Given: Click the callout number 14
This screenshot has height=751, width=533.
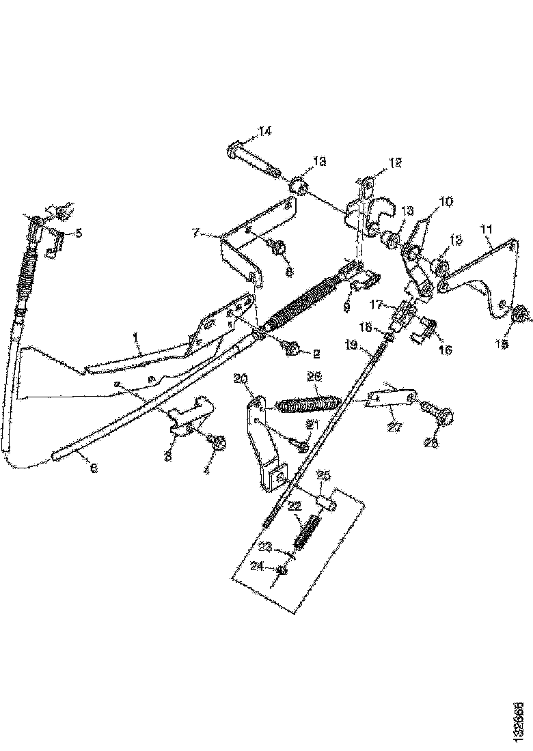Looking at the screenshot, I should [x=264, y=130].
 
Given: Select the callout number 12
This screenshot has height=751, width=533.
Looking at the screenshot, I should [x=396, y=162].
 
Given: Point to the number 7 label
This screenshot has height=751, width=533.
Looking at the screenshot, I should [x=196, y=234].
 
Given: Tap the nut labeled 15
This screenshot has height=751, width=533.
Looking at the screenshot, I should [x=518, y=314].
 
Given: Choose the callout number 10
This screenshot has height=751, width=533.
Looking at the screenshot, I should [x=446, y=202].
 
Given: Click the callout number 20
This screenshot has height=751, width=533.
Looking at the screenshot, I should [x=241, y=379].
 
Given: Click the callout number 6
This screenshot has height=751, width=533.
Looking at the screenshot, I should [x=94, y=469].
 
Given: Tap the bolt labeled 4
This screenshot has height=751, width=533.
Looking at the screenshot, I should [x=218, y=443].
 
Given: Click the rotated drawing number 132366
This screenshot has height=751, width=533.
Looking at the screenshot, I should [x=521, y=716].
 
